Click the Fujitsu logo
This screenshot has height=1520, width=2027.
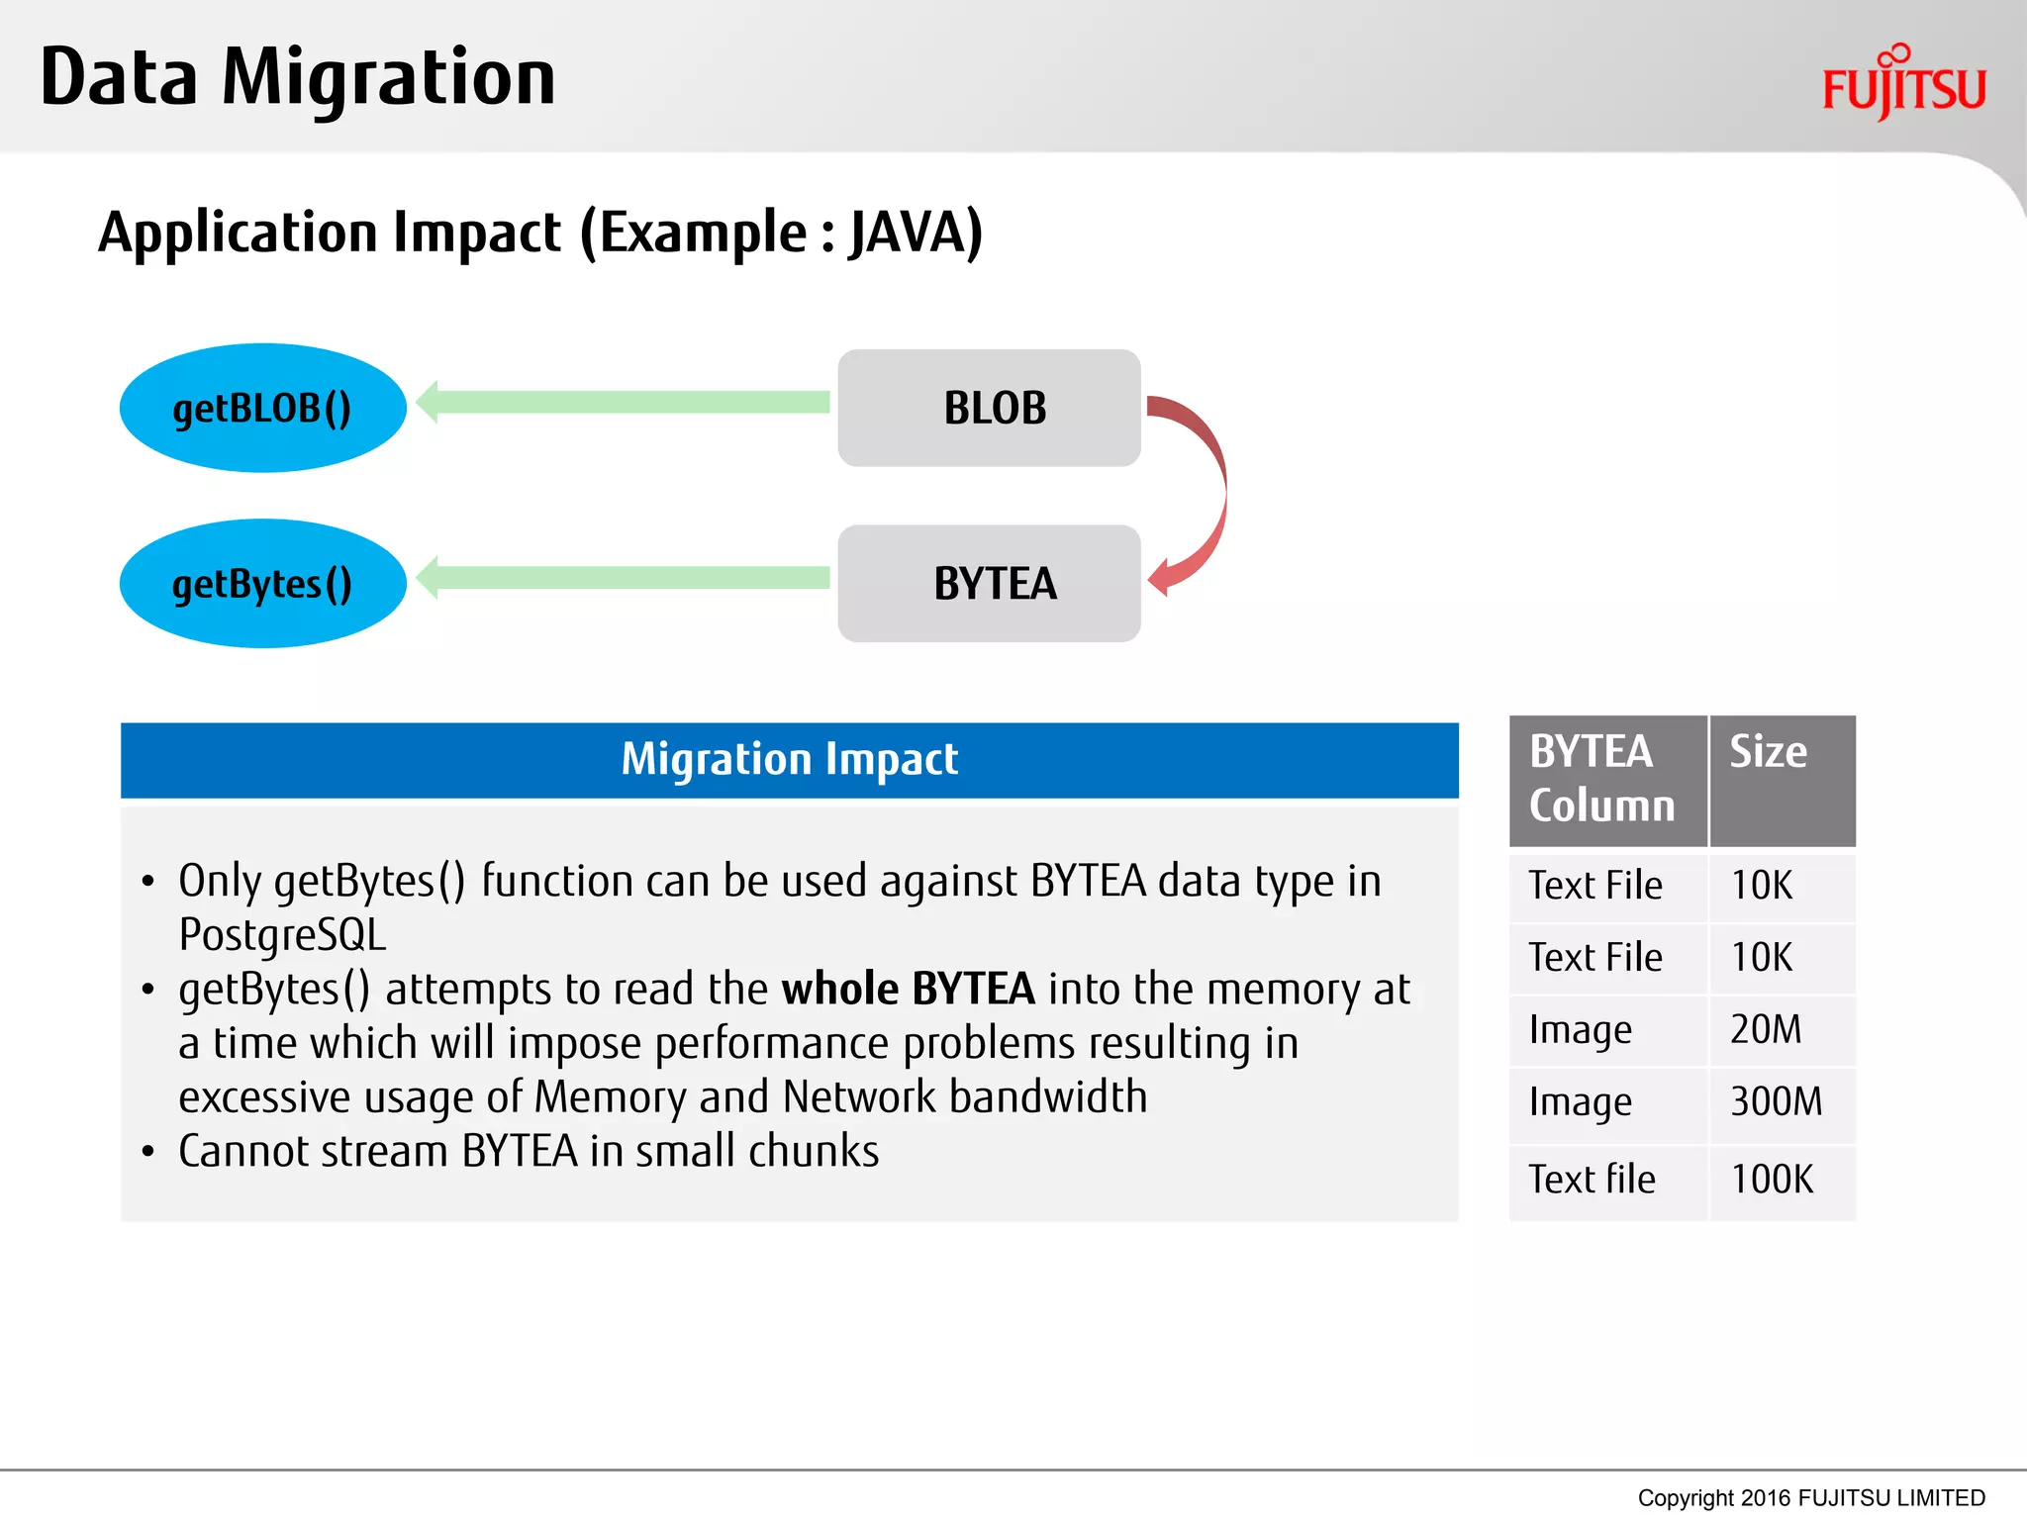coord(1903,84)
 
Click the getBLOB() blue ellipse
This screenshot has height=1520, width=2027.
coord(262,408)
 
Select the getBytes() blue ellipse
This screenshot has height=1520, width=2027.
coord(262,583)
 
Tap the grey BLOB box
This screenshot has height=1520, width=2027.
coord(989,408)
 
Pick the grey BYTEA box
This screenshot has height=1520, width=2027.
coord(989,583)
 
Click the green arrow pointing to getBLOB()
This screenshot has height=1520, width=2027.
coord(624,402)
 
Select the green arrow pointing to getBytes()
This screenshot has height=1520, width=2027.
coord(624,578)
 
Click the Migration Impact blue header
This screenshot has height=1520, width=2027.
coord(789,759)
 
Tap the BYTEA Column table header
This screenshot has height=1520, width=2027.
coord(1604,779)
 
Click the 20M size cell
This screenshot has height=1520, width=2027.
coord(1766,1029)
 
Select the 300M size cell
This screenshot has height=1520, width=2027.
coord(1776,1101)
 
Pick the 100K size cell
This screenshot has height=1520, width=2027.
coord(1772,1180)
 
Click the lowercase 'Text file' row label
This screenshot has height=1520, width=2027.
coord(1592,1180)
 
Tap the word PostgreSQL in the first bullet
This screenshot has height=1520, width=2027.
coord(282,934)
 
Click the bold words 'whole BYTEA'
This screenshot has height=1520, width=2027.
coord(908,989)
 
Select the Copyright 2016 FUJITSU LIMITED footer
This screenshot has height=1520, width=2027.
coord(1810,1497)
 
